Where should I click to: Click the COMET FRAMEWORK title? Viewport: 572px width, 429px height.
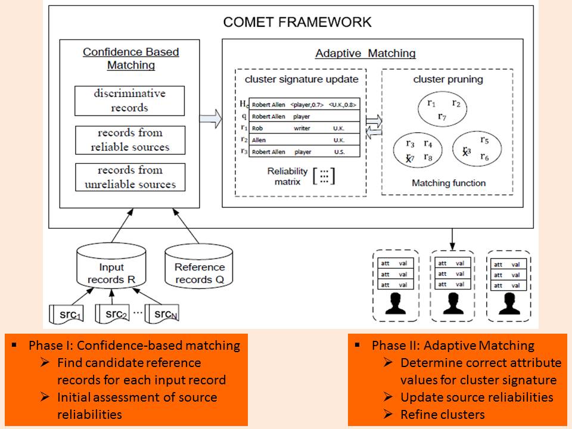click(x=297, y=22)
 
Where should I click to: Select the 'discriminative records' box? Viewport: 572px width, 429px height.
click(x=129, y=101)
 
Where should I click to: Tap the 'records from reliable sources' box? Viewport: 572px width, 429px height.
click(x=129, y=140)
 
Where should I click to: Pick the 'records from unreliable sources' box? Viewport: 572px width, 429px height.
click(x=129, y=177)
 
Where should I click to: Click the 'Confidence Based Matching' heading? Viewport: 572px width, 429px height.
click(x=130, y=58)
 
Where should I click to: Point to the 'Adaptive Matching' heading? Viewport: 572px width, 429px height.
click(x=365, y=54)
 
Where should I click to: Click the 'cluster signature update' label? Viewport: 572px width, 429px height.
click(x=301, y=79)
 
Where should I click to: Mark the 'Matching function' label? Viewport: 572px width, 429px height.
click(x=449, y=183)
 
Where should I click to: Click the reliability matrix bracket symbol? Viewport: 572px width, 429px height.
click(x=324, y=176)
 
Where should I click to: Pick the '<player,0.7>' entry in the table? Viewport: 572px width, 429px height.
click(x=307, y=104)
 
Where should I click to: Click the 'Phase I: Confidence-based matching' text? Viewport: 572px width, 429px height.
click(x=134, y=346)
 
